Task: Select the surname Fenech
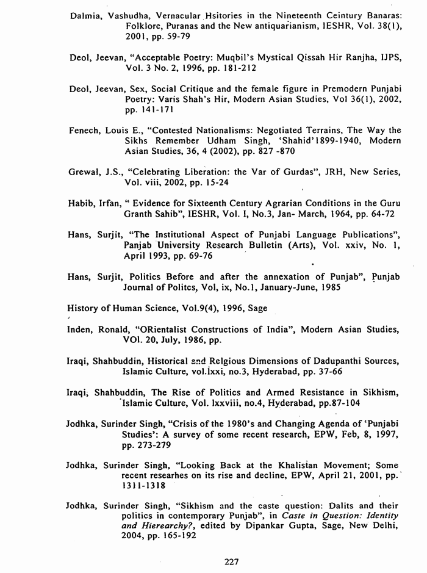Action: tap(85, 129)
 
